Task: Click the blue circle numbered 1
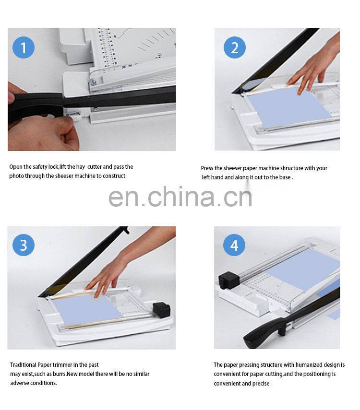coord(24,47)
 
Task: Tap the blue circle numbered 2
coord(235,47)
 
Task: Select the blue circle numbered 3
coord(24,245)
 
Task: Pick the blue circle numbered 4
coord(234,245)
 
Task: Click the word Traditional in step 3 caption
coord(23,365)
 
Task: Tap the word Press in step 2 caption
coord(208,168)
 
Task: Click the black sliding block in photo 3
coord(161,310)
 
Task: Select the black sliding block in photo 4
coord(229,281)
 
